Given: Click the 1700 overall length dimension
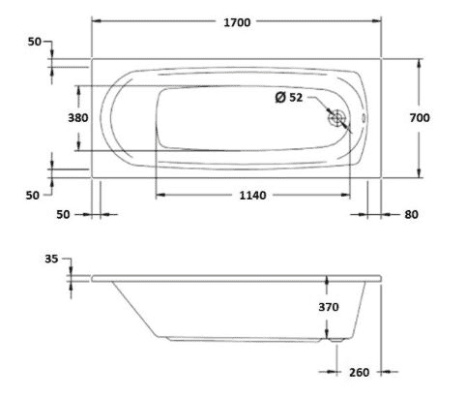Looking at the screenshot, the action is coord(237,22).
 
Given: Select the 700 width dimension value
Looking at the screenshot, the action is coord(420,118).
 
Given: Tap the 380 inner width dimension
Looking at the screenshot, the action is coord(78,118).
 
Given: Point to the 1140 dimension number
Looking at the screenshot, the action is coord(252,196).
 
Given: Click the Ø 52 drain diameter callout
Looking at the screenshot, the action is coord(289,97).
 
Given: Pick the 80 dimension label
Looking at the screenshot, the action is coord(411,214).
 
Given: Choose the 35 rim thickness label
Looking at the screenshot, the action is coord(51,259).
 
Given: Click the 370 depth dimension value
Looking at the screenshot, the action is coord(329,307).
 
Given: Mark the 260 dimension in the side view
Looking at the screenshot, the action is coord(359,372).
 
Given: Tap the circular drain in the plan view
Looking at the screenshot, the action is coord(336,118).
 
